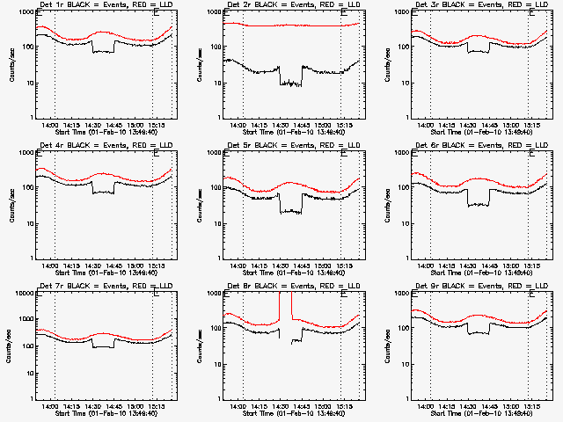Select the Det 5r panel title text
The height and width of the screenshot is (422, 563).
pyautogui.click(x=292, y=147)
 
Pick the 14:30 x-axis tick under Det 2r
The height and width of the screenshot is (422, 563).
pyautogui.click(x=281, y=125)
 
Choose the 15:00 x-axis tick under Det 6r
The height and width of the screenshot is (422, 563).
pyautogui.click(x=511, y=265)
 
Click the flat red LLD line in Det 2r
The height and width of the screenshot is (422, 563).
pyautogui.click(x=308, y=25)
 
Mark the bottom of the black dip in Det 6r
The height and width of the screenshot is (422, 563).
pyautogui.click(x=479, y=205)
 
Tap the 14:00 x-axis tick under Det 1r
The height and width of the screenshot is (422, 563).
pyautogui.click(x=49, y=125)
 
